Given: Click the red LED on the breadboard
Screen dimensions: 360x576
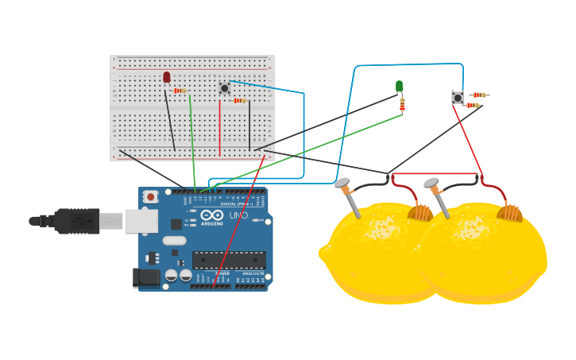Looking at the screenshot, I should click(x=166, y=77).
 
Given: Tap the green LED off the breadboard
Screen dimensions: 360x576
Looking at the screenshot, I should click(x=399, y=86).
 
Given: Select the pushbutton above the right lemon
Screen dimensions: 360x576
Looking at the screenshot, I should click(x=458, y=98).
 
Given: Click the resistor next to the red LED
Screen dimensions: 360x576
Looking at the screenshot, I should click(x=180, y=91).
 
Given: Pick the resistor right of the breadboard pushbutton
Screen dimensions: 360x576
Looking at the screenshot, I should click(x=239, y=100).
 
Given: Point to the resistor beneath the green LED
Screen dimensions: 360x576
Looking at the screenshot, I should click(x=402, y=104).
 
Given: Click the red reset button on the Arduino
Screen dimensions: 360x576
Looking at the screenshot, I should click(x=150, y=195).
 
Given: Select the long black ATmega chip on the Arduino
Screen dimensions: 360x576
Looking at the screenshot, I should click(x=229, y=260).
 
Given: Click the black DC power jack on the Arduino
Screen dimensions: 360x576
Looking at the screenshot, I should click(x=146, y=277).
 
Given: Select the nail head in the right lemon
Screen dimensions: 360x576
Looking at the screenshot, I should click(x=431, y=184).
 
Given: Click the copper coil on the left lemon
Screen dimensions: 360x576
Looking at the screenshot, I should click(x=420, y=212).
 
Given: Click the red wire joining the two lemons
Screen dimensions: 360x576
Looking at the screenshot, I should click(x=435, y=173).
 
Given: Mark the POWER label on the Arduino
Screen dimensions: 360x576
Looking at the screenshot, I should click(x=222, y=273).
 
